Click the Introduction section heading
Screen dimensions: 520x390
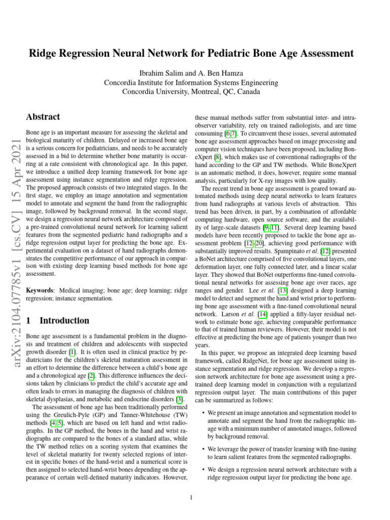[64, 320]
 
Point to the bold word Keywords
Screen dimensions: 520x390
[40, 290]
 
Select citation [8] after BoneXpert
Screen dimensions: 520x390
[218, 157]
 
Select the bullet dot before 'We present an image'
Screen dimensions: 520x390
[204, 413]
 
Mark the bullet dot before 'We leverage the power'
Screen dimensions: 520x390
[204, 449]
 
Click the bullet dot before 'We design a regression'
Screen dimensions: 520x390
[204, 470]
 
